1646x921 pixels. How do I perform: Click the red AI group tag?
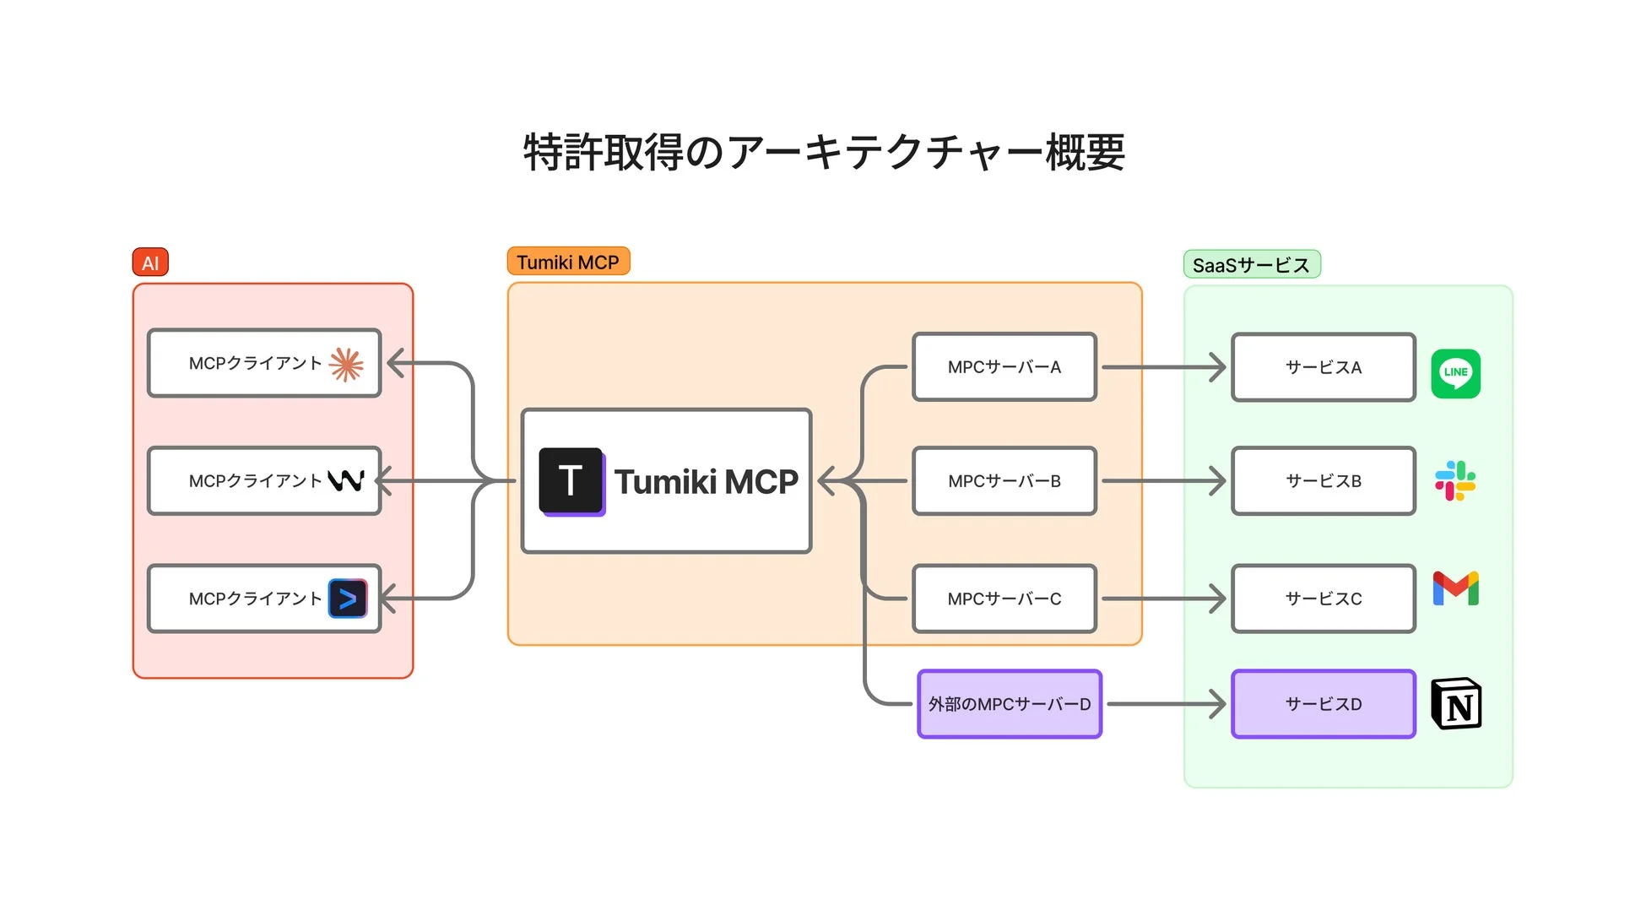150,263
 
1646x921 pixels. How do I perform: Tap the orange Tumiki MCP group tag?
568,262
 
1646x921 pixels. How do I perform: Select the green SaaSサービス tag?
1251,265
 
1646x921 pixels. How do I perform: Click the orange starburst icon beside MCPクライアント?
346,365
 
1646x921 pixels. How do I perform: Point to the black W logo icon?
346,480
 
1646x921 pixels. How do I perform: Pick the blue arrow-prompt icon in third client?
348,599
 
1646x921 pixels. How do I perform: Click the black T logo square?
571,481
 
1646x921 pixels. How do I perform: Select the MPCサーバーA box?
1004,367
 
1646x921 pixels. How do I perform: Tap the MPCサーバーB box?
1004,481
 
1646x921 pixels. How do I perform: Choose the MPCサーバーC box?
1004,599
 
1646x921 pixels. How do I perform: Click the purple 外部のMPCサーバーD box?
1009,704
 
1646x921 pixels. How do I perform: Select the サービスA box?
1323,367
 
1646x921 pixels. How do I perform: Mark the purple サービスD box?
1323,704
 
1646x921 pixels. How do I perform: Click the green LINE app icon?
1455,373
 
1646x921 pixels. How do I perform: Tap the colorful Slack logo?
1455,480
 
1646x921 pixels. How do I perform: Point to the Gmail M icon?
1455,588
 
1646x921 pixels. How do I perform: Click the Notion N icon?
1456,704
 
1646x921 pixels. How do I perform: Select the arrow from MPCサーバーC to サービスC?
1163,599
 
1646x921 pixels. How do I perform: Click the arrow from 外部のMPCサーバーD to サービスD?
1165,704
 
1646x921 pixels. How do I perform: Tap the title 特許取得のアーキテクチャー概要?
824,153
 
